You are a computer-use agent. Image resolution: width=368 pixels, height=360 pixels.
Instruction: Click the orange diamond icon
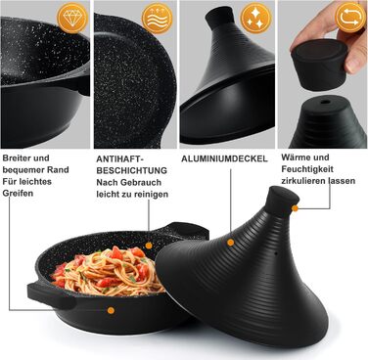coord(72,18)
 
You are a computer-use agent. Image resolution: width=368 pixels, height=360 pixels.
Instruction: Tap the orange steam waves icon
coord(158,19)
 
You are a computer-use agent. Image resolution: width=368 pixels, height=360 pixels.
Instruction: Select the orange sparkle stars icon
coord(256,18)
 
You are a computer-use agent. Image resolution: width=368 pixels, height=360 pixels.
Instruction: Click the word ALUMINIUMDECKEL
coord(224,158)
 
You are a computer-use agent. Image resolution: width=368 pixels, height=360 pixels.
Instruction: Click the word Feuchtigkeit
coord(307,169)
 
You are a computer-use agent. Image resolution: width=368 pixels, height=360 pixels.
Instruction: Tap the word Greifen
coord(18,193)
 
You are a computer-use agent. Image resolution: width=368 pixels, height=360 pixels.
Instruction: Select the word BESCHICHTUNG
coord(131,170)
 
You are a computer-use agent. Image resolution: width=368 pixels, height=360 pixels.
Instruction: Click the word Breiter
coord(18,158)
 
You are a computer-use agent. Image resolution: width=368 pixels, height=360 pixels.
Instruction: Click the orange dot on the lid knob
coord(295,208)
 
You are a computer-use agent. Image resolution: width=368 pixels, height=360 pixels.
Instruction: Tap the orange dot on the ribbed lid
coord(231,243)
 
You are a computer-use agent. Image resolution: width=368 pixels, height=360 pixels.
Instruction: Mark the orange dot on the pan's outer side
coord(111,310)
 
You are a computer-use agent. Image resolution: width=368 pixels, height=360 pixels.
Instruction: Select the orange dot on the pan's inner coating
coord(149,246)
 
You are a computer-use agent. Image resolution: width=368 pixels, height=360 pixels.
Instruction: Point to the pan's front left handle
coord(52,296)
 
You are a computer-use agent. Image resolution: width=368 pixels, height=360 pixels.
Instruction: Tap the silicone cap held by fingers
coord(318,64)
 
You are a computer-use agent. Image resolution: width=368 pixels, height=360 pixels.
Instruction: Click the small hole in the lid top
coord(325,102)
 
